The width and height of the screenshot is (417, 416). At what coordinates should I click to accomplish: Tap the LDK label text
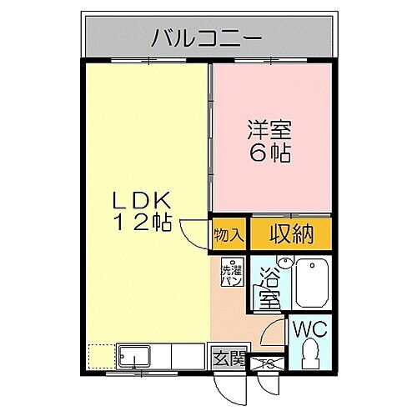(143, 200)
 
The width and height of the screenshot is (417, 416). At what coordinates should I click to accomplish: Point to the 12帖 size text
(143, 223)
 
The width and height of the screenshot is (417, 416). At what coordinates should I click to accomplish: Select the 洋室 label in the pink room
(269, 131)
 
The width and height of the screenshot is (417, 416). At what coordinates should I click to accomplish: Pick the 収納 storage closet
(291, 234)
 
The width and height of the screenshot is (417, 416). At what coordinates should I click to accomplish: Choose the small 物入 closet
(229, 234)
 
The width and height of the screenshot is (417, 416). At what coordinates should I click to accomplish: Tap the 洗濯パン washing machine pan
(231, 273)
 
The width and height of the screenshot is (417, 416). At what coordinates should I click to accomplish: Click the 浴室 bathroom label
(269, 288)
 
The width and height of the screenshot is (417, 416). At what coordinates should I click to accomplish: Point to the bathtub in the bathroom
(310, 283)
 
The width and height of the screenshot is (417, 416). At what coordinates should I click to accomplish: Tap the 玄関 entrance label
(229, 359)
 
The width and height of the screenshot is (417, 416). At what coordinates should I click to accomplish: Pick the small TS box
(269, 363)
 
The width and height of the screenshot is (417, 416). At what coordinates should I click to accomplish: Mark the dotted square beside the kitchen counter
(100, 356)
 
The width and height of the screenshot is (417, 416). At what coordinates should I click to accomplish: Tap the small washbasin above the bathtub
(285, 263)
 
